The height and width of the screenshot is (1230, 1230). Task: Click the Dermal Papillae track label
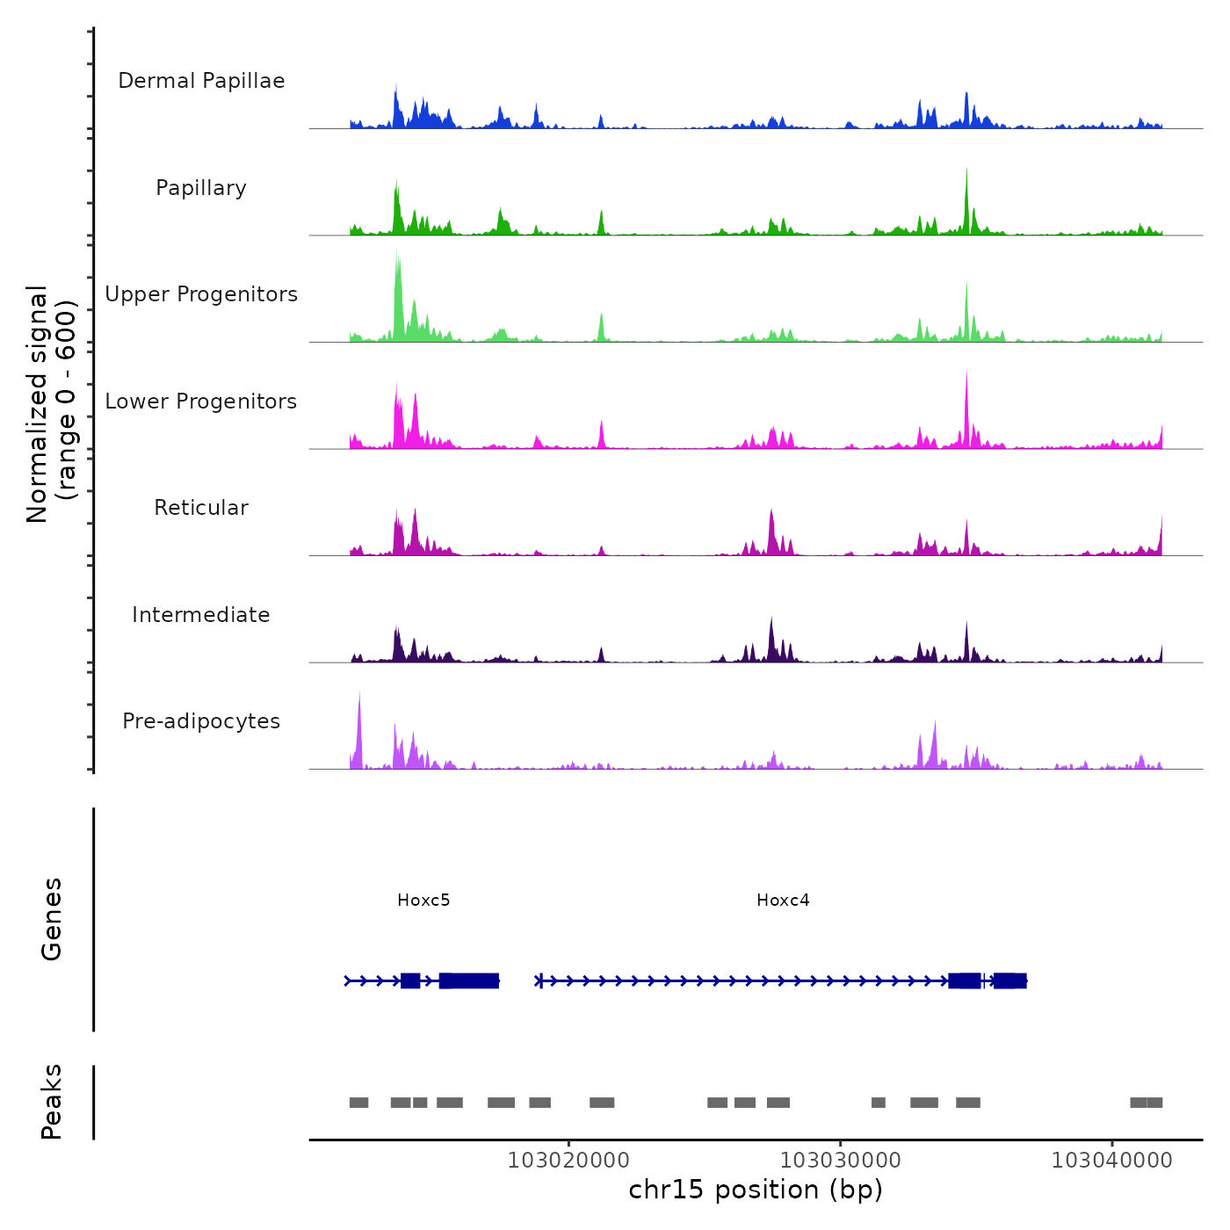click(x=201, y=81)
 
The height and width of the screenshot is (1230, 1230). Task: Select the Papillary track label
click(x=201, y=188)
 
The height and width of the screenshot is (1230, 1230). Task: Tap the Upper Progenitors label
click(x=201, y=294)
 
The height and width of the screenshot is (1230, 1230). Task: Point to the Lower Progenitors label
click(x=201, y=402)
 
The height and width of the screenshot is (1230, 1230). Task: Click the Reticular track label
click(x=201, y=508)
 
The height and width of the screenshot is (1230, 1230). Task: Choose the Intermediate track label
click(x=201, y=615)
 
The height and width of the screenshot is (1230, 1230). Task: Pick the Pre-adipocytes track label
click(x=201, y=721)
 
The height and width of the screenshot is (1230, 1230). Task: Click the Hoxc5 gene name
click(x=423, y=900)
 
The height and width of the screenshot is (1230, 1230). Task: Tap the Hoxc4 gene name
click(x=783, y=900)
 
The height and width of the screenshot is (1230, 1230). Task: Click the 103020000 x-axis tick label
click(x=568, y=1161)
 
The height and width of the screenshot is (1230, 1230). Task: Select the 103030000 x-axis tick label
click(x=841, y=1161)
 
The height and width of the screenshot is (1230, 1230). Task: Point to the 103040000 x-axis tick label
click(x=1112, y=1161)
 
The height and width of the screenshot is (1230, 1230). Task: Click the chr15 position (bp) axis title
click(x=756, y=1190)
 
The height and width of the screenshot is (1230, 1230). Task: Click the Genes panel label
click(x=52, y=919)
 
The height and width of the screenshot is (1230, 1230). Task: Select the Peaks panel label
click(x=52, y=1102)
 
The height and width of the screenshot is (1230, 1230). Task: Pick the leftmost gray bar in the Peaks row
click(x=358, y=1103)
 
